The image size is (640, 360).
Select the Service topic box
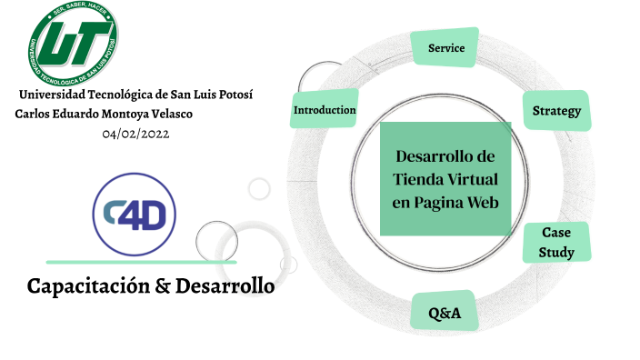coord(445,48)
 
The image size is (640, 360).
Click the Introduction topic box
coord(324,110)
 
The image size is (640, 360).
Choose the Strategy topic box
coord(556,111)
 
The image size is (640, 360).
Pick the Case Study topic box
coord(556,243)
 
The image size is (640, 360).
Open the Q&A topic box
coord(445,314)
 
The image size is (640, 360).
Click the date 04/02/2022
coord(135,134)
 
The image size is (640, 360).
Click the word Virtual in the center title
coord(475,179)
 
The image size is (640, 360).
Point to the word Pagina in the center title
coord(440,202)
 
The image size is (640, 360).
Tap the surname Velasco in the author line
coord(170,114)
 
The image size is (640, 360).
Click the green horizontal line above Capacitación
coord(141,262)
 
